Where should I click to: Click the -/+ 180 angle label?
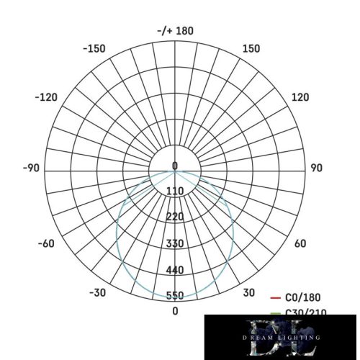click(175, 31)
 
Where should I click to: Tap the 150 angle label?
click(251, 49)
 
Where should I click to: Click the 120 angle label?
click(300, 97)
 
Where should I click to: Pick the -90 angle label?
click(31, 168)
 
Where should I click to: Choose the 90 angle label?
click(315, 168)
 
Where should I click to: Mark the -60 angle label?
click(45, 243)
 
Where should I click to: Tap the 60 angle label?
click(300, 243)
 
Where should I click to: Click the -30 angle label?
click(98, 293)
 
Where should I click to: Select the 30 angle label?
click(249, 293)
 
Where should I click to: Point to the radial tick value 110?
click(175, 191)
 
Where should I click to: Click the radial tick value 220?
click(175, 217)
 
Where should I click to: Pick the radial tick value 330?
click(175, 243)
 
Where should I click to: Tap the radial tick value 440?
click(175, 270)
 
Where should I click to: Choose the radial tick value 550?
click(175, 296)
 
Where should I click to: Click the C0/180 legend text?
click(303, 297)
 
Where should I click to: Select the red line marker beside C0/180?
click(274, 297)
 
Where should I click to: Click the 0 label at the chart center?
click(175, 166)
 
